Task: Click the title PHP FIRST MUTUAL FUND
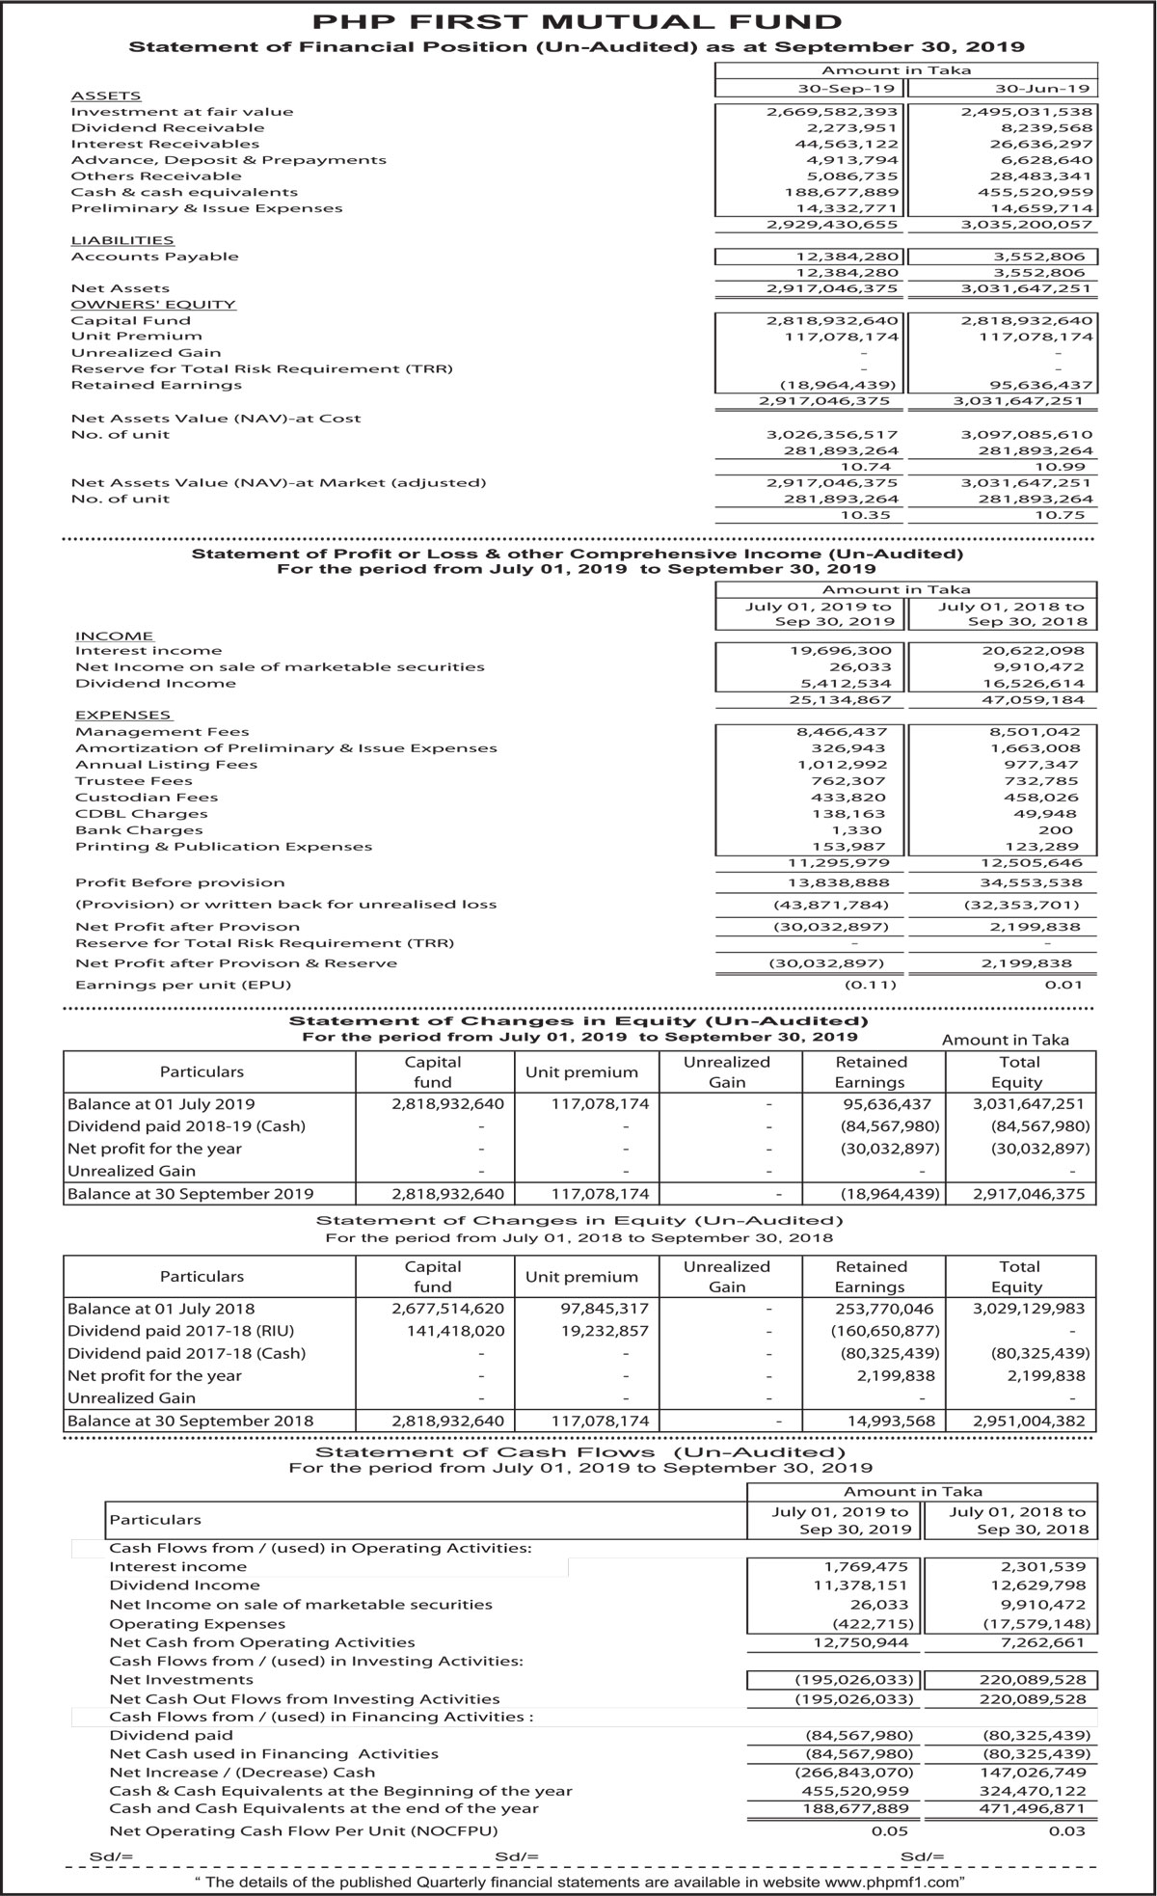(x=578, y=20)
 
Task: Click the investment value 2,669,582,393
(x=833, y=112)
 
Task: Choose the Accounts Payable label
(x=154, y=257)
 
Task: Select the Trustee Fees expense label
(x=134, y=781)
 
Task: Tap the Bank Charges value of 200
(x=1064, y=830)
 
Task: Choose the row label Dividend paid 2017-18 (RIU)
(x=180, y=1331)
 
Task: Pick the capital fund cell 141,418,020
(x=447, y=1331)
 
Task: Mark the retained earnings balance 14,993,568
(x=888, y=1421)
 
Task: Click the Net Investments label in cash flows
(x=168, y=1680)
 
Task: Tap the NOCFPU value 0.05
(x=889, y=1830)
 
